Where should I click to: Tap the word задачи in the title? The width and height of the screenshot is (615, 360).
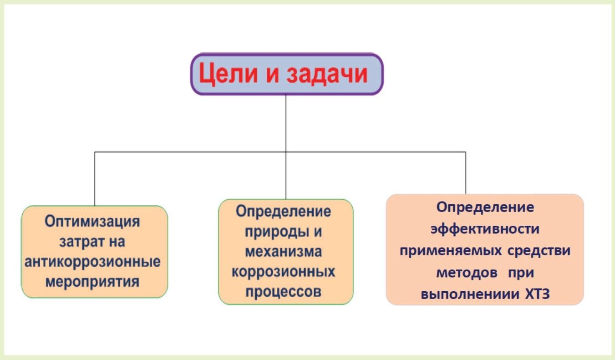(x=327, y=74)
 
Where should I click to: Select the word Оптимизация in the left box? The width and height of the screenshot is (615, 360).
(x=92, y=222)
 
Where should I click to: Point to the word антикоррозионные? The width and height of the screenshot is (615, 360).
(x=93, y=262)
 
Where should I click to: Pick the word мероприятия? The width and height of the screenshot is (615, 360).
(x=92, y=282)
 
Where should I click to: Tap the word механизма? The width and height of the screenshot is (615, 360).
(x=283, y=252)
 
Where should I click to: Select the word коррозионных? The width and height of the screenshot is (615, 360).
(x=283, y=272)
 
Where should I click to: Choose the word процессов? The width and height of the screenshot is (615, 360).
(x=283, y=292)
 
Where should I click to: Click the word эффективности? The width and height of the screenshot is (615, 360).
(x=485, y=228)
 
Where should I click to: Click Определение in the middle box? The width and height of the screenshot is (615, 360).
(x=283, y=212)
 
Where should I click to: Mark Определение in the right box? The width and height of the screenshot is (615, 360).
(x=485, y=207)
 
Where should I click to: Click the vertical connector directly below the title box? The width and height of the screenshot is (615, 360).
(x=286, y=123)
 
